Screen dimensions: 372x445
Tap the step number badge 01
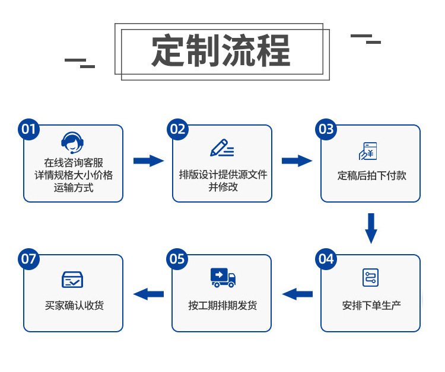coord(29,129)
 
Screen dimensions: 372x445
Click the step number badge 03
coord(326,129)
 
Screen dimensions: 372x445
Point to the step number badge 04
coord(326,259)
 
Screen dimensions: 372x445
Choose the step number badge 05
coord(177,259)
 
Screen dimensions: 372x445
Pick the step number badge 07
coord(29,259)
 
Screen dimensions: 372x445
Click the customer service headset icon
coord(72,142)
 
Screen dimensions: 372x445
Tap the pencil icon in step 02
coord(221,147)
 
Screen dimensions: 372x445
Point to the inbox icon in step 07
coord(72,279)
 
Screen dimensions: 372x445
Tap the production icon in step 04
coord(370,277)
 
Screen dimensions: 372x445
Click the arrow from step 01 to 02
coord(148,161)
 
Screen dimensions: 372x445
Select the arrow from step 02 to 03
coord(297,161)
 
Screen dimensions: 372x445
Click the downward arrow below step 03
coord(371,228)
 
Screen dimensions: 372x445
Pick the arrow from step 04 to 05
coord(297,293)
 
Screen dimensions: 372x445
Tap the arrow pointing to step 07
coord(148,293)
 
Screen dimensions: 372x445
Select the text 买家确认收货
coord(74,306)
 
